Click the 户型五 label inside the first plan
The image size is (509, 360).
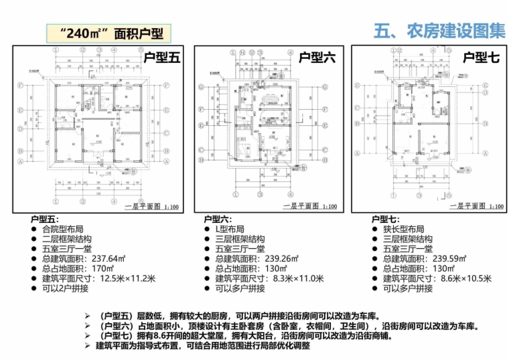161,59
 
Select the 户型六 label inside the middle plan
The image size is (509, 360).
317,59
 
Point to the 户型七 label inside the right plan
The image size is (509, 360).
481,58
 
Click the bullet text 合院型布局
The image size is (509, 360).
63,228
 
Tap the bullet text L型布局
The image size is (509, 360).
232,228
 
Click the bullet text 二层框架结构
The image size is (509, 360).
67,238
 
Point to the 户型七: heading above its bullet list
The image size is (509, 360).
385,219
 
